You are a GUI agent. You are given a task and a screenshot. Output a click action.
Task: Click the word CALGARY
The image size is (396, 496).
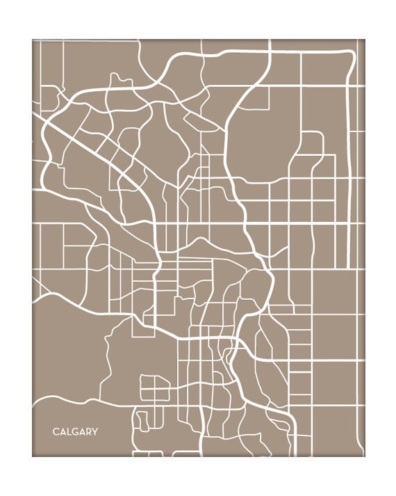click(x=75, y=432)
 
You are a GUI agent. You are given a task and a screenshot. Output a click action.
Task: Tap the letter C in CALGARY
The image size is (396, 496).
click(x=56, y=432)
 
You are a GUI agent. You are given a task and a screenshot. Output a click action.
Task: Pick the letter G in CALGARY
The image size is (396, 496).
click(x=75, y=432)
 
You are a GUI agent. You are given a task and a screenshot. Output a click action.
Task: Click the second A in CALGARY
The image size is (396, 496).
click(x=82, y=432)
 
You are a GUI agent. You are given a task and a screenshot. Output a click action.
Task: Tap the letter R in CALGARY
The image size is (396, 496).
click(x=88, y=432)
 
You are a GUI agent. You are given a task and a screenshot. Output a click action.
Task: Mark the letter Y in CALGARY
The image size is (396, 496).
click(x=95, y=432)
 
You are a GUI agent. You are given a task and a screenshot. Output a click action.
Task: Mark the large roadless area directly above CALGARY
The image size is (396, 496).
click(x=66, y=348)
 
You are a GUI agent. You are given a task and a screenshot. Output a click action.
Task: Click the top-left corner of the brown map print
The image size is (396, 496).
click(x=33, y=40)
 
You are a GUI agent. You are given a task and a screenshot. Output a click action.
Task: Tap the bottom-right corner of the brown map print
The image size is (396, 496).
click(x=364, y=456)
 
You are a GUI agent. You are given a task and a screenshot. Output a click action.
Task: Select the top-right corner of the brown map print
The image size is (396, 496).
click(x=364, y=40)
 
